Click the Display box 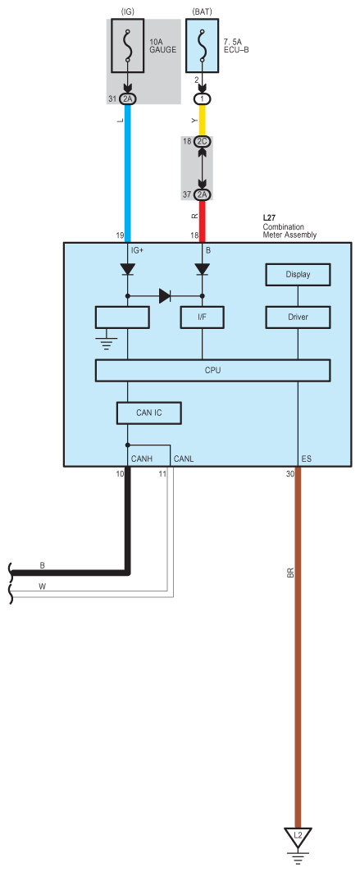(298, 274)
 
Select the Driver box (298, 317)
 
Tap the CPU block (212, 371)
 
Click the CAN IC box (149, 413)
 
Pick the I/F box (202, 317)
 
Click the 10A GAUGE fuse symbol (128, 46)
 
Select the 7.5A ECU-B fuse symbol (202, 46)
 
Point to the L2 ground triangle (298, 837)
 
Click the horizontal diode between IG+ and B (165, 296)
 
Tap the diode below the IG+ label (128, 269)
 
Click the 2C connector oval (202, 141)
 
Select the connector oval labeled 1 (202, 99)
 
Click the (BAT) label (202, 11)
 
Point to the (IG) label (128, 11)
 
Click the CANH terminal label (141, 459)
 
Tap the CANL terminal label (184, 459)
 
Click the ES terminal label (306, 459)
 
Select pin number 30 (290, 474)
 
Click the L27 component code (269, 219)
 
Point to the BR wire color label (290, 573)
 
